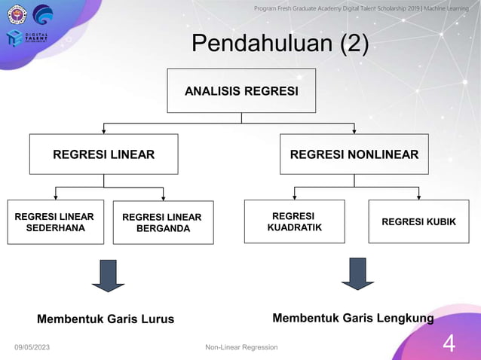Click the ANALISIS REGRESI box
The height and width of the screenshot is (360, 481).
pyautogui.click(x=241, y=90)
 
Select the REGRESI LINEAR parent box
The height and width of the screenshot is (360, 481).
pyautogui.click(x=103, y=154)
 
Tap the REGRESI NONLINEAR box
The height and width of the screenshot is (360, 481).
pyautogui.click(x=354, y=154)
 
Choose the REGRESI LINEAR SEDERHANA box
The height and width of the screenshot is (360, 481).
pyautogui.click(x=55, y=222)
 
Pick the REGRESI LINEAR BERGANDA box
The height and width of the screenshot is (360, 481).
pyautogui.click(x=163, y=223)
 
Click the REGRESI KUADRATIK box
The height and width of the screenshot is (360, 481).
pyautogui.click(x=294, y=221)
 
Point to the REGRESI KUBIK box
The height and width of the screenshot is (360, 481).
pyautogui.click(x=418, y=221)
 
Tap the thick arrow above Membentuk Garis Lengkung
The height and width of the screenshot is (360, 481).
pyautogui.click(x=358, y=274)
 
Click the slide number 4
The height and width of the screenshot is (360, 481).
pyautogui.click(x=449, y=343)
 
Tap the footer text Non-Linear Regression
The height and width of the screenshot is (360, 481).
pyautogui.click(x=241, y=346)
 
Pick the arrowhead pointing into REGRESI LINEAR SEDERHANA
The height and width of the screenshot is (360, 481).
pyautogui.click(x=55, y=197)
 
